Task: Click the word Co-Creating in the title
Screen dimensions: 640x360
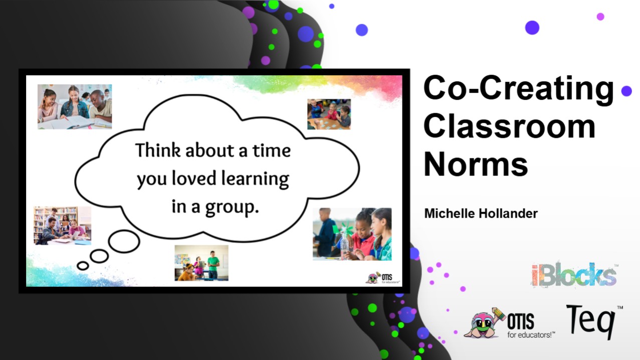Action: tap(519, 89)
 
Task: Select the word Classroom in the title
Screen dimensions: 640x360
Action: tap(510, 126)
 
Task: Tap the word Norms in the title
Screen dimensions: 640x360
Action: tap(476, 164)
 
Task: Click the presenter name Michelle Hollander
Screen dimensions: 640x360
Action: tap(481, 214)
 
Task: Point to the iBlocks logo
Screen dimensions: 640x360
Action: tap(574, 275)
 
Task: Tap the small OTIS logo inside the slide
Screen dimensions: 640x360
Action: tap(382, 278)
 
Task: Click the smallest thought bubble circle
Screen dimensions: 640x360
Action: tap(83, 266)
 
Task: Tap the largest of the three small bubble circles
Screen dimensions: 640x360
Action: tap(124, 242)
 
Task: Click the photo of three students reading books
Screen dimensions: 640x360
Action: tap(75, 107)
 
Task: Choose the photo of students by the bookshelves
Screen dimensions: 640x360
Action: tap(63, 226)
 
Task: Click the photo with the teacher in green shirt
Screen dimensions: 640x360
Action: tap(201, 263)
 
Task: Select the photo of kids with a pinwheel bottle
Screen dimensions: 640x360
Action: tap(352, 234)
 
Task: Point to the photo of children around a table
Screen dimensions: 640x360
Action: tap(329, 114)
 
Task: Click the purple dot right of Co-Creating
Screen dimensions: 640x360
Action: tap(626, 91)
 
